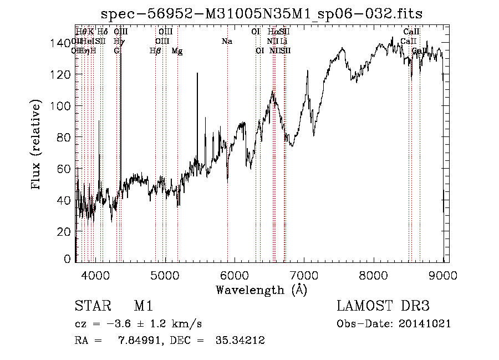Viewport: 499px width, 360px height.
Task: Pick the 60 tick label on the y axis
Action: point(64,169)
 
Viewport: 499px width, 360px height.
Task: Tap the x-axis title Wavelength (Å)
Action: point(261,290)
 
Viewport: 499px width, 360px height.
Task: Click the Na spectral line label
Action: point(226,41)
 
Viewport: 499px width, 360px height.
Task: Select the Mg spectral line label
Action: point(177,50)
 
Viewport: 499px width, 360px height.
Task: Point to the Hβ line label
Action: point(155,50)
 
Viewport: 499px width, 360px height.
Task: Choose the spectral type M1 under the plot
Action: point(143,306)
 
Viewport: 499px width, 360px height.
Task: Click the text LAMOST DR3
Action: point(383,306)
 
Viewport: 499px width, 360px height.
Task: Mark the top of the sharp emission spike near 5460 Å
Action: point(197,74)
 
